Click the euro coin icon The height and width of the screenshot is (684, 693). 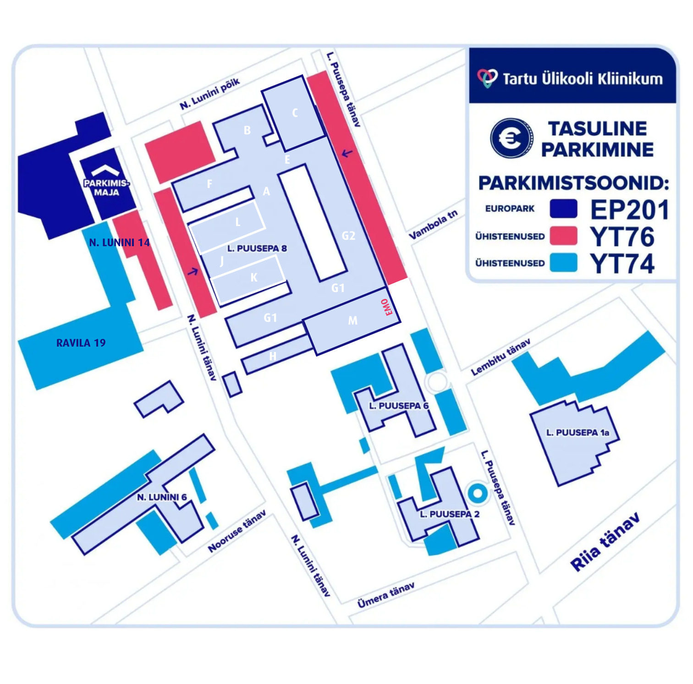(x=511, y=138)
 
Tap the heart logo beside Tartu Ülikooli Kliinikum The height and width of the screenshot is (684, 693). (x=487, y=78)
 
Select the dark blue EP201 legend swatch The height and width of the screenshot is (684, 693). (x=563, y=209)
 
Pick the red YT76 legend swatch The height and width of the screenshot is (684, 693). (x=563, y=236)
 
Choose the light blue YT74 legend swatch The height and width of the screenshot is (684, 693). (x=563, y=263)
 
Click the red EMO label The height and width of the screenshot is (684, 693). (x=387, y=307)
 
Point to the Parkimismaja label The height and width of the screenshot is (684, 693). (x=106, y=188)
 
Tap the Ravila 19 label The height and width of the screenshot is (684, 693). (x=81, y=343)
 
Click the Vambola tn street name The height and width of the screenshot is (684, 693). (x=433, y=225)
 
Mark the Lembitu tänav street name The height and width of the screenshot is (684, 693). (x=501, y=357)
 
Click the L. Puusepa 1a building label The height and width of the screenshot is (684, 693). (x=577, y=432)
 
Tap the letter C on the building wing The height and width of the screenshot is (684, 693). (x=295, y=113)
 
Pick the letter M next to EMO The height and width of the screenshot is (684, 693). (x=352, y=320)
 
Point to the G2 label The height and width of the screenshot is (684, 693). (x=348, y=236)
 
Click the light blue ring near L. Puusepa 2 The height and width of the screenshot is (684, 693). (x=478, y=493)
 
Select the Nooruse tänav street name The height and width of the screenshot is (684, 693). (x=236, y=532)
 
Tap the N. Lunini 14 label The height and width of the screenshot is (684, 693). (x=119, y=243)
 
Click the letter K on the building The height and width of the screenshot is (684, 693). (x=254, y=277)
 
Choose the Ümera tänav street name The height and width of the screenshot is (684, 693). (x=386, y=595)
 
